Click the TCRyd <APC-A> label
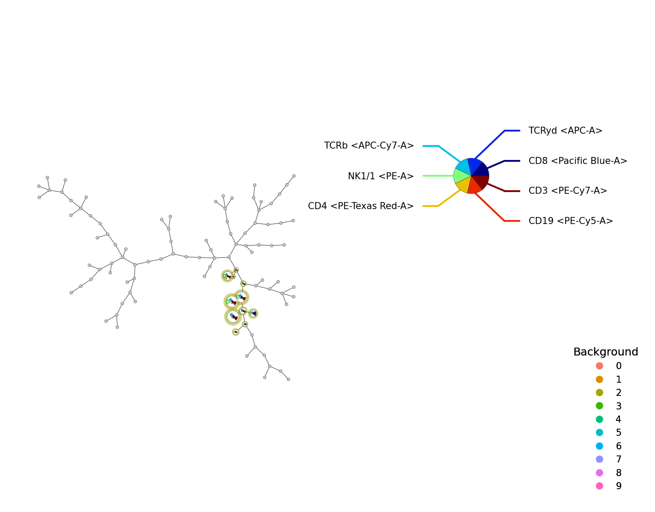tap(565, 131)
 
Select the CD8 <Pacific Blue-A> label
tap(578, 161)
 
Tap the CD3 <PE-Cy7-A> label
tap(568, 191)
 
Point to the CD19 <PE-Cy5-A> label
tap(571, 221)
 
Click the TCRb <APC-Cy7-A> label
tap(369, 146)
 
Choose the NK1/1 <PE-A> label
tap(381, 176)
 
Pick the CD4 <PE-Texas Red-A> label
tap(361, 206)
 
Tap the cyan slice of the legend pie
tap(464, 167)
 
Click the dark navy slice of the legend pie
tap(481, 170)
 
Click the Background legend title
tap(605, 352)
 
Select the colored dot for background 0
tap(600, 366)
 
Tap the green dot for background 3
tap(600, 406)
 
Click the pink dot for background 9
tap(600, 486)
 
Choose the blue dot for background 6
tap(600, 446)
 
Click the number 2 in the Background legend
tap(619, 393)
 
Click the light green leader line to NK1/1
tap(438, 176)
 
